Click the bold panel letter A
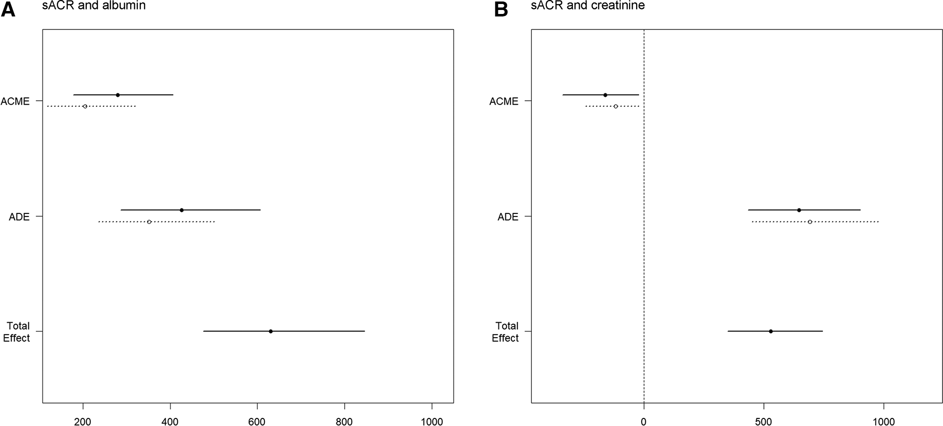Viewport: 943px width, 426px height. pyautogui.click(x=8, y=10)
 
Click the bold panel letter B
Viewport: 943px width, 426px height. pyautogui.click(x=501, y=10)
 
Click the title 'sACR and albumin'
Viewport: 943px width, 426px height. pyautogui.click(x=94, y=5)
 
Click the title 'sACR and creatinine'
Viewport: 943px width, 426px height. pyautogui.click(x=588, y=5)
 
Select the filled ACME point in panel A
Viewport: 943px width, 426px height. pyautogui.click(x=118, y=95)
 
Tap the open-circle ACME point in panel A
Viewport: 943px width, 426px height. pyautogui.click(x=85, y=106)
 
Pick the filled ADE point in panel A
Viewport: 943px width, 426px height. pyautogui.click(x=182, y=210)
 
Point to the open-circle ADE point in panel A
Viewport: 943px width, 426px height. pyautogui.click(x=149, y=221)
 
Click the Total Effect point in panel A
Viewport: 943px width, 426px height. pyautogui.click(x=270, y=331)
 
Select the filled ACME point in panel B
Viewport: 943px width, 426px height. pyautogui.click(x=605, y=95)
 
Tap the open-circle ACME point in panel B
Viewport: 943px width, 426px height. pyautogui.click(x=616, y=106)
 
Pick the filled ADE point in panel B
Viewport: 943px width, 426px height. pyautogui.click(x=799, y=210)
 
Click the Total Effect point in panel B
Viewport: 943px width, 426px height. pyautogui.click(x=771, y=331)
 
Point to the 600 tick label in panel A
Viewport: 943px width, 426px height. pyautogui.click(x=257, y=422)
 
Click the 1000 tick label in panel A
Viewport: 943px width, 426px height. pyautogui.click(x=432, y=422)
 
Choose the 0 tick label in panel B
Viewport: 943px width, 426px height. pyautogui.click(x=644, y=422)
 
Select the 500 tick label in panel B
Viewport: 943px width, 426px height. pyautogui.click(x=763, y=422)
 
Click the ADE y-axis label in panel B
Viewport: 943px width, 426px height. pyautogui.click(x=508, y=217)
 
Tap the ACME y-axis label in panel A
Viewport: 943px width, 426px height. pyautogui.click(x=15, y=101)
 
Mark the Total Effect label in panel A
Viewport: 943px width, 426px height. pyautogui.click(x=17, y=332)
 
